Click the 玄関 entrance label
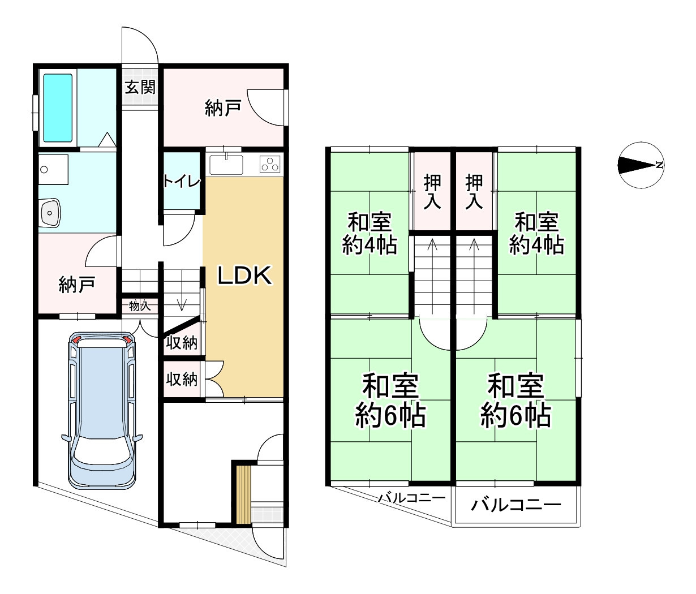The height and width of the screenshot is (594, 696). (x=140, y=87)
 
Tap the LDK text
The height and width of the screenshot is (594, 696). (x=246, y=276)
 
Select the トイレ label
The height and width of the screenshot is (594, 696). (x=182, y=181)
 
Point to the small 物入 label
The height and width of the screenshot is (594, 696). (x=139, y=306)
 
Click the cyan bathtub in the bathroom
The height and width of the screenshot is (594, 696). (x=58, y=107)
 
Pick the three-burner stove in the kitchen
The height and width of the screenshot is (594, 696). (x=270, y=164)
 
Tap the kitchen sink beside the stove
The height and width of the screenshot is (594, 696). (x=226, y=164)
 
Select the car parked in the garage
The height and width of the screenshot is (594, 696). (x=102, y=410)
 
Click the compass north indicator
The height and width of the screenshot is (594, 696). (x=640, y=165)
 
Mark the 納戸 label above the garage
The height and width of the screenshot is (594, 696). (x=76, y=285)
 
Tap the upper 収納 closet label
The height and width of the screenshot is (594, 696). (x=182, y=342)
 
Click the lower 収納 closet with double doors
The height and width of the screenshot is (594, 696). (x=182, y=379)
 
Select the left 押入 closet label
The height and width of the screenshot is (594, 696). (x=432, y=192)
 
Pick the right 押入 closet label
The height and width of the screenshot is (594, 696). (x=474, y=192)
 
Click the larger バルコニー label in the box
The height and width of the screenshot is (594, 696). (x=516, y=504)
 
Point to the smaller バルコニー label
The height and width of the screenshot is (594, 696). (x=411, y=498)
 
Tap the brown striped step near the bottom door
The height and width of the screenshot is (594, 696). (x=243, y=494)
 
